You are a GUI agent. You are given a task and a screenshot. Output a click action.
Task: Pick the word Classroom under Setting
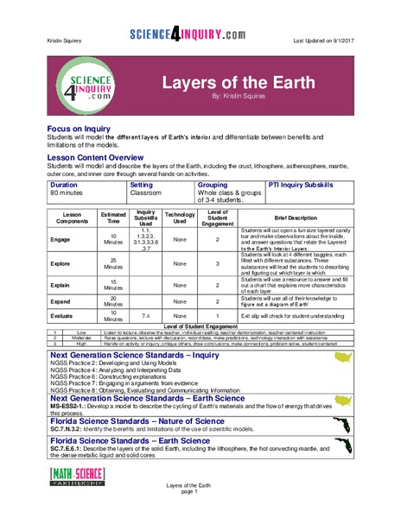click(x=146, y=193)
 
